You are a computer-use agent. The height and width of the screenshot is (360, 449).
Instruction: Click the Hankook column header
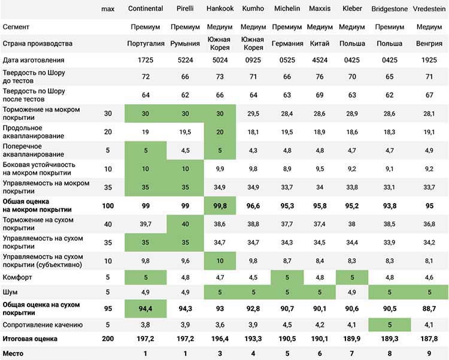point(220,8)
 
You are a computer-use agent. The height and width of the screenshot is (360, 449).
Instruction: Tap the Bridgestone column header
point(390,9)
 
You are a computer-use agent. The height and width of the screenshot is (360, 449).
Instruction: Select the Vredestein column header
point(429,9)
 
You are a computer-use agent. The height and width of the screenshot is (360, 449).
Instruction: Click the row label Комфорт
point(17,277)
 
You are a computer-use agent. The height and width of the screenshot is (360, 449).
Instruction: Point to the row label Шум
point(10,292)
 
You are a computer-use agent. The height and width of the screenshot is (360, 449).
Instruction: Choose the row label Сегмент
point(16,27)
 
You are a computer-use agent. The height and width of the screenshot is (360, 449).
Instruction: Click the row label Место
point(13,353)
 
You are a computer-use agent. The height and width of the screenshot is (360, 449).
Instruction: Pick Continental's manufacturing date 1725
point(145,60)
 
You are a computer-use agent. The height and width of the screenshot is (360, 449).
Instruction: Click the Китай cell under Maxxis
point(320,44)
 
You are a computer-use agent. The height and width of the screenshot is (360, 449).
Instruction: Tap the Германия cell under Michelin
point(287,44)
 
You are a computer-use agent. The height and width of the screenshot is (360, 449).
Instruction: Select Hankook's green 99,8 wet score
point(220,205)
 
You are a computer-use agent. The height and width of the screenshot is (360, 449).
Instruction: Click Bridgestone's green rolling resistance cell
point(390,325)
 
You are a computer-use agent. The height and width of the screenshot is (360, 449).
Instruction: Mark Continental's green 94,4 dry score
point(145,308)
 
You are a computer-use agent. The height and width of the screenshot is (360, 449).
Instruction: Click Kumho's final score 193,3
point(253,339)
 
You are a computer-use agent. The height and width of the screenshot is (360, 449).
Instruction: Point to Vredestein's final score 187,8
point(429,339)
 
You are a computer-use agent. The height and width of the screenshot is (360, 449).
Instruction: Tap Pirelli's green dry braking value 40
point(185,224)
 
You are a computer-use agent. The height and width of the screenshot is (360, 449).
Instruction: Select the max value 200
point(108,339)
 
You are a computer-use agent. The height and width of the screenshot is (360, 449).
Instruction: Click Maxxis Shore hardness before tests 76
point(320,77)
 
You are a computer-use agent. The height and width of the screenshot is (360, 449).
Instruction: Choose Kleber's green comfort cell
point(352,277)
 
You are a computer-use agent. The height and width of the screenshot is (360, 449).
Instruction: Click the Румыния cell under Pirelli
point(185,44)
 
